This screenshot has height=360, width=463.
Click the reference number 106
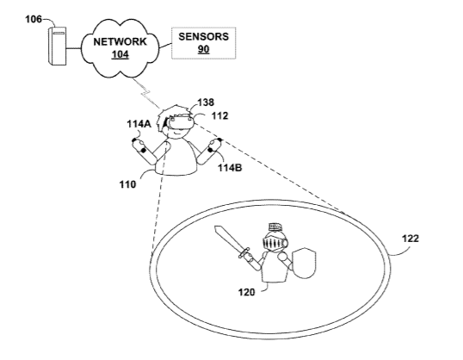[x=34, y=19]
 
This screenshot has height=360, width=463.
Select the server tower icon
[x=57, y=46]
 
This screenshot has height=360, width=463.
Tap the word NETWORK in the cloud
[x=120, y=41]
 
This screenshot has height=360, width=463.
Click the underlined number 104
[x=120, y=54]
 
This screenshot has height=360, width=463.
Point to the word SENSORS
[x=203, y=37]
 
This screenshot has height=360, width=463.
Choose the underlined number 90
[x=203, y=49]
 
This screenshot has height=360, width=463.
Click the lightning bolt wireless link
[x=146, y=92]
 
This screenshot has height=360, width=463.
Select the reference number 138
[x=206, y=102]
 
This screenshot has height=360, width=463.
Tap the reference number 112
[x=219, y=115]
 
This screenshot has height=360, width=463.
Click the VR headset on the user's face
[x=180, y=121]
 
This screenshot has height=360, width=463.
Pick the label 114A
[x=139, y=124]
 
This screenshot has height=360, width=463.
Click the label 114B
[x=230, y=168]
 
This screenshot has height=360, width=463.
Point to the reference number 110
[x=127, y=184]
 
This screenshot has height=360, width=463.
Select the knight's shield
[x=304, y=264]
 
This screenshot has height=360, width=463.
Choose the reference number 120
[x=246, y=292]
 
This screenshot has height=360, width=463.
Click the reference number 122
[x=411, y=239]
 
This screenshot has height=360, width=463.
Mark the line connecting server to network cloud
[x=73, y=48]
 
